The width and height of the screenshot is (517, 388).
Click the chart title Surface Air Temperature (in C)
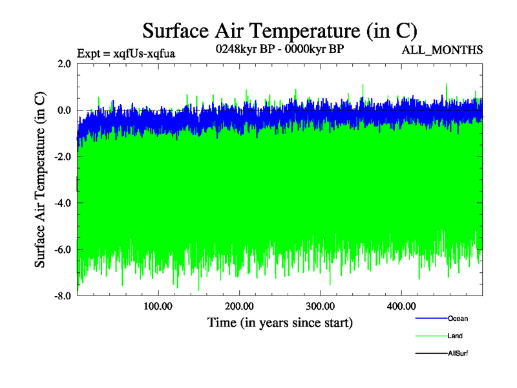(x=280, y=30)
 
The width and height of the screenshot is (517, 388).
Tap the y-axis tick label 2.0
(x=64, y=64)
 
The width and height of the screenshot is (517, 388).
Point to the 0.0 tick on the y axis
(x=64, y=111)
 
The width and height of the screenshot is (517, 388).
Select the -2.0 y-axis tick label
(x=62, y=157)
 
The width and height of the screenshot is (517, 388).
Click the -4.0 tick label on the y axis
(x=62, y=203)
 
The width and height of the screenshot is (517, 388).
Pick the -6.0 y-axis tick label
(x=62, y=250)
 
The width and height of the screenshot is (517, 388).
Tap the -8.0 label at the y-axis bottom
(x=62, y=296)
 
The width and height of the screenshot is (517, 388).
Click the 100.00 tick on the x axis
(x=158, y=307)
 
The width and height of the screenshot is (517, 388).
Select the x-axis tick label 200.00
(x=239, y=307)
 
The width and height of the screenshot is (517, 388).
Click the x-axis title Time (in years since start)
(x=280, y=322)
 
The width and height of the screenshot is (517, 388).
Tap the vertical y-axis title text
(x=41, y=180)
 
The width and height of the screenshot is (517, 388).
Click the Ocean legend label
(x=458, y=318)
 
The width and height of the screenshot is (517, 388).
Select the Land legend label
(x=455, y=336)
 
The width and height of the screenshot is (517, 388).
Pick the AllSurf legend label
(x=458, y=353)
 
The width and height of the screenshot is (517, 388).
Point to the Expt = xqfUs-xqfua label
(x=127, y=53)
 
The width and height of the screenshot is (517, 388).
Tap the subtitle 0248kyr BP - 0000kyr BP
(x=279, y=48)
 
